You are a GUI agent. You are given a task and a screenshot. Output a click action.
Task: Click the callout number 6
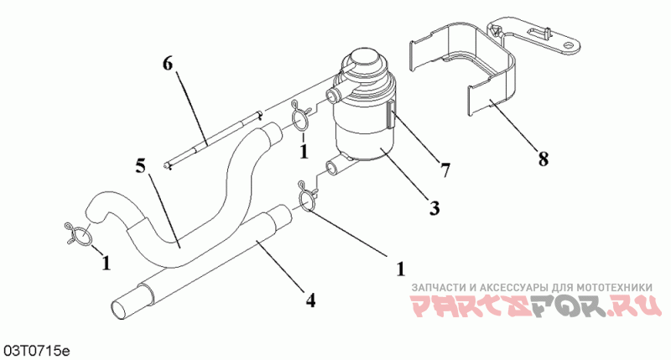tap(168, 65)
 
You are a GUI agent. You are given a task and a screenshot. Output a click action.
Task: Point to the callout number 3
tap(434, 207)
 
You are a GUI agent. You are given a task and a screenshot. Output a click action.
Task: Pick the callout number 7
tap(445, 170)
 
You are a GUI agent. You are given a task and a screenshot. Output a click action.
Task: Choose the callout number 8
tap(544, 157)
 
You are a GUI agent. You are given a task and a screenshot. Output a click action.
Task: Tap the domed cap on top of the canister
tap(363, 63)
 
